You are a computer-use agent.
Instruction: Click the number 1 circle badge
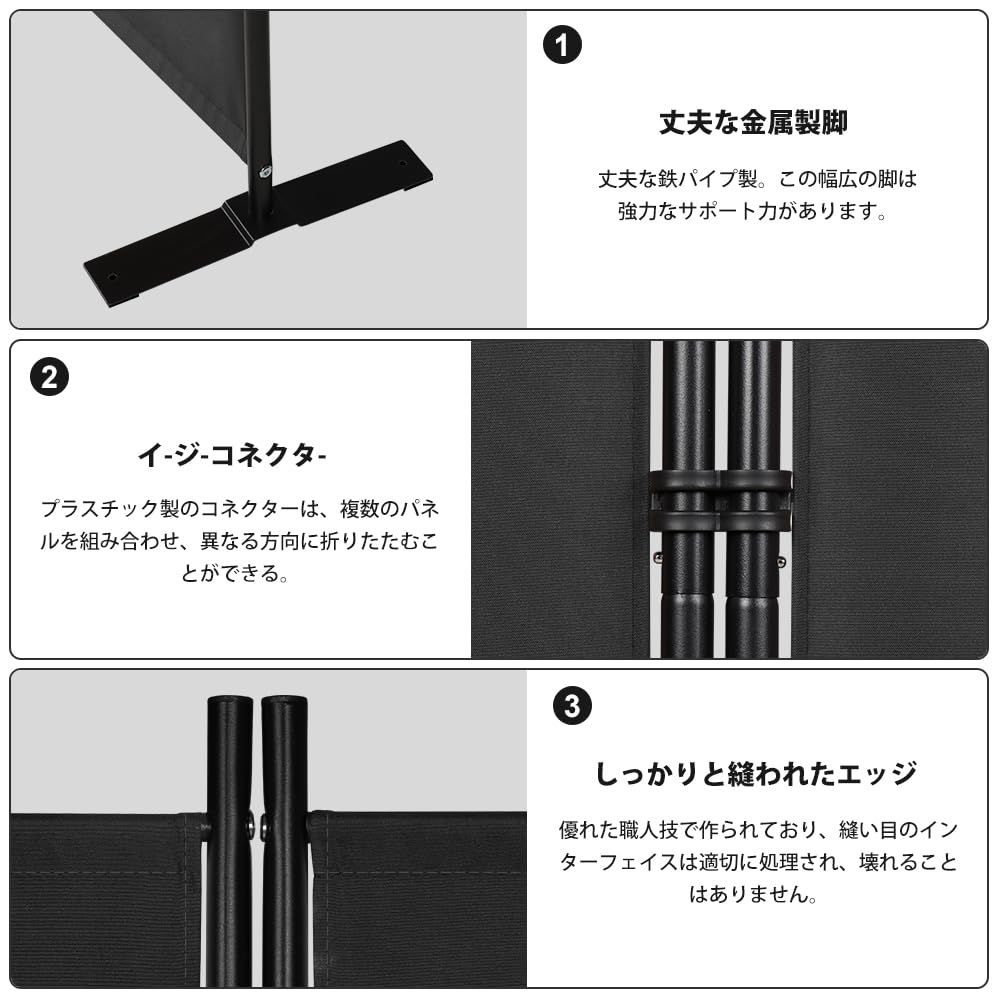click(561, 46)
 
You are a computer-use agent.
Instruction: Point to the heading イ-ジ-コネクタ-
click(233, 455)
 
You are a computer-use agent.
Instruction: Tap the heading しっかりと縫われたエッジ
click(756, 773)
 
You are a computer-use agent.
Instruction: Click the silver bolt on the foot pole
click(264, 172)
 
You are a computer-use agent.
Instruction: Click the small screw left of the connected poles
click(656, 558)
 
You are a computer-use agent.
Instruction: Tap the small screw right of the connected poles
click(781, 562)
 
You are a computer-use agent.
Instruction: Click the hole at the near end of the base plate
click(112, 276)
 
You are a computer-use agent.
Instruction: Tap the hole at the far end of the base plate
click(403, 161)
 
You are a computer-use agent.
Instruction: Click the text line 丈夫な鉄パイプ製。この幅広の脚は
click(757, 180)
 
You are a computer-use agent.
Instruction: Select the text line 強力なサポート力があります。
click(753, 213)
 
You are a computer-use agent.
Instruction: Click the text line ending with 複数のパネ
click(239, 509)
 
